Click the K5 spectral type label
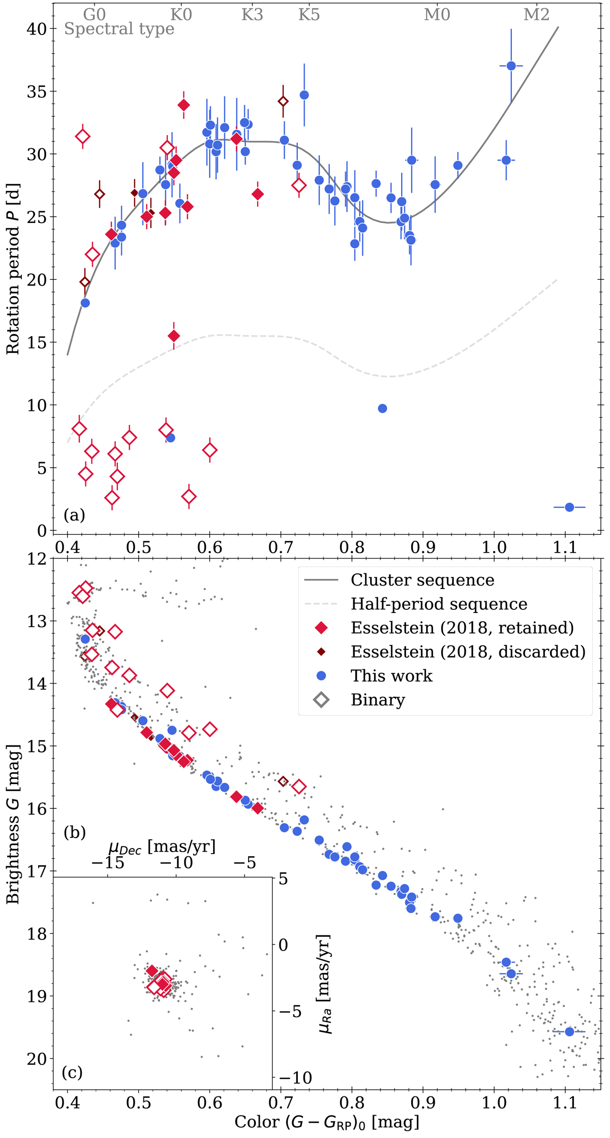[x=309, y=14]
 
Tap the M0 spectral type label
[x=437, y=14]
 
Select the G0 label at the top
[x=95, y=14]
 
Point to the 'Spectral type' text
[x=119, y=29]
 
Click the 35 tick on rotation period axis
[x=36, y=92]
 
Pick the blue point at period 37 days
[x=511, y=66]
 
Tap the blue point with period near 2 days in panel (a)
[x=569, y=507]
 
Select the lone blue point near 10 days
[x=382, y=409]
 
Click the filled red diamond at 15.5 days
[x=174, y=336]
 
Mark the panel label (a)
[x=74, y=515]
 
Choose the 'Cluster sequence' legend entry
[x=422, y=580]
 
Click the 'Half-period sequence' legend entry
[x=439, y=604]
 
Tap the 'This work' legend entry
[x=391, y=676]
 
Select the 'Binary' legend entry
[x=378, y=700]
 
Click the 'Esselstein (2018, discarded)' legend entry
[x=468, y=652]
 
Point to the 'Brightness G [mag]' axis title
[x=13, y=824]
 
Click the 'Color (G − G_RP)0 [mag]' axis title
[x=327, y=1122]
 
